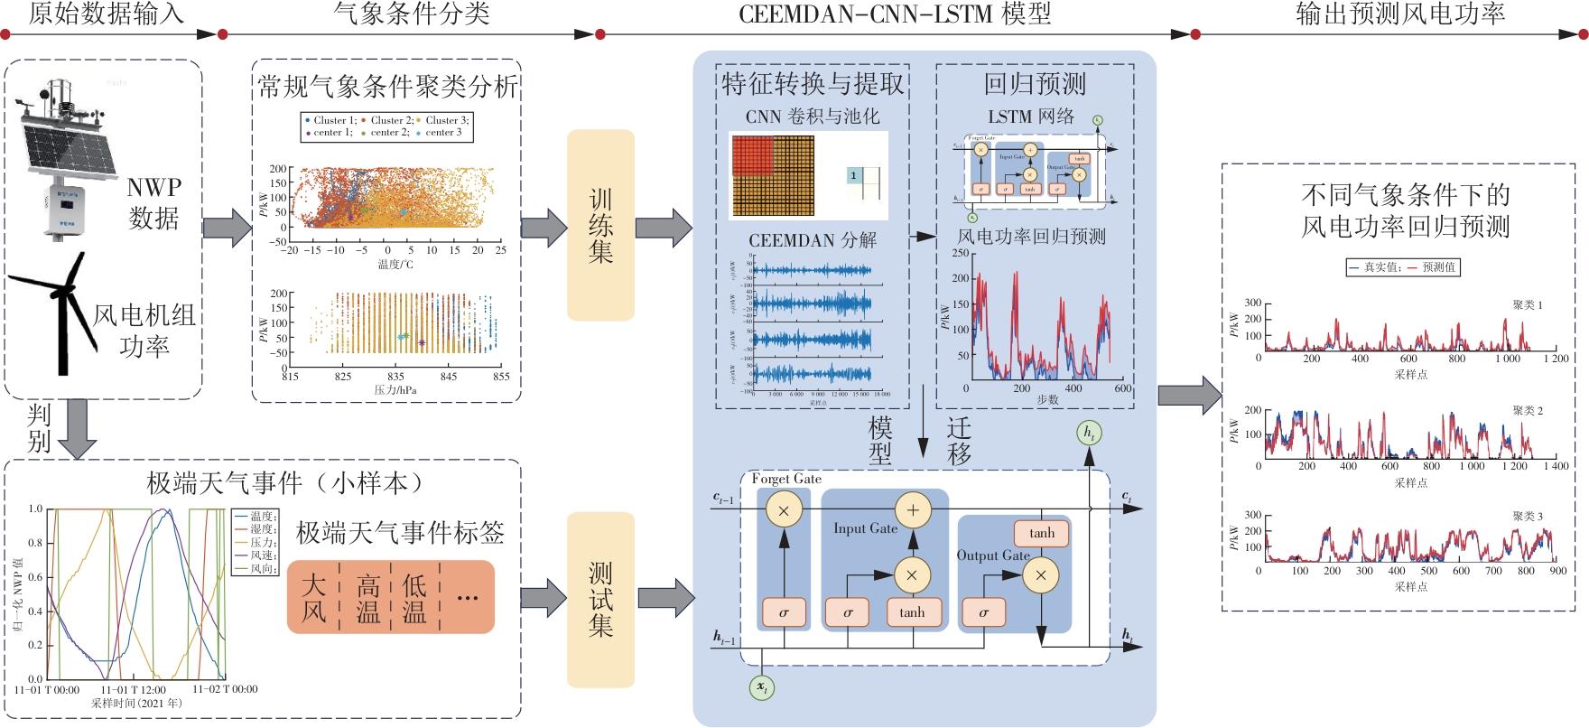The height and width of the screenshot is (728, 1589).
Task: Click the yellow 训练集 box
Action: click(600, 225)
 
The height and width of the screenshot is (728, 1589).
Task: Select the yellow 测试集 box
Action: click(600, 599)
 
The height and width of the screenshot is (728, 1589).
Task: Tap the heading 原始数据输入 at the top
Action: click(106, 14)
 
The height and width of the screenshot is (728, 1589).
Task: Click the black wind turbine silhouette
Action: click(59, 307)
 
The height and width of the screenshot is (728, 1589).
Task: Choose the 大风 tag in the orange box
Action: click(313, 598)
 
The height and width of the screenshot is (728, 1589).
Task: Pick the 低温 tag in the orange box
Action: click(414, 598)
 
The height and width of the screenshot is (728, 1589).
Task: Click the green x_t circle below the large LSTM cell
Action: click(763, 688)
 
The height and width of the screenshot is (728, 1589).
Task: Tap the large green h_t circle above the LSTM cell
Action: click(1090, 434)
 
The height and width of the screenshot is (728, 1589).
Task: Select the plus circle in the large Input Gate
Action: click(912, 510)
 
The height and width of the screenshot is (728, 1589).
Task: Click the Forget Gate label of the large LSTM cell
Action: click(786, 479)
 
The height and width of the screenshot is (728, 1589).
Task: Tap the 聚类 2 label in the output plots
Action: click(1528, 411)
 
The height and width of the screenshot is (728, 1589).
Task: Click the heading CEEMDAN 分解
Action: click(812, 241)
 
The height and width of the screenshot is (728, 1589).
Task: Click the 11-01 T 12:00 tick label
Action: click(132, 689)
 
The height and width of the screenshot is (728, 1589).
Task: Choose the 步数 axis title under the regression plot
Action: click(1047, 400)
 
